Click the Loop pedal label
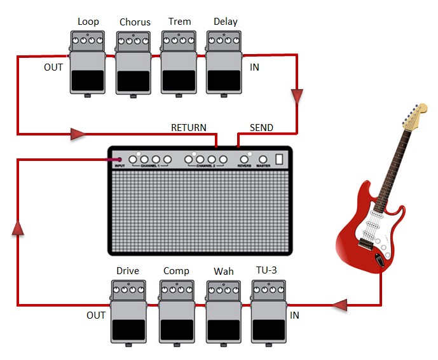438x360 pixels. (x=88, y=22)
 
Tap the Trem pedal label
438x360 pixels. (x=179, y=22)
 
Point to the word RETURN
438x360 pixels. (x=189, y=127)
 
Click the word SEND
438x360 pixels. (x=261, y=127)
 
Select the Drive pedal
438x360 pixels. (x=128, y=314)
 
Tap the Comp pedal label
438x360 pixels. (x=176, y=271)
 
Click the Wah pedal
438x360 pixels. (x=224, y=314)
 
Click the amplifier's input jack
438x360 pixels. (x=120, y=159)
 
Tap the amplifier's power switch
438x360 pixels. (x=278, y=160)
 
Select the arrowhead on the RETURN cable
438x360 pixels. (x=78, y=134)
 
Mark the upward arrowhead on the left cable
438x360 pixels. (x=18, y=228)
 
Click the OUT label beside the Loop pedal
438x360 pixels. (x=53, y=67)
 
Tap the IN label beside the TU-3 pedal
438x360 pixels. (x=294, y=315)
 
